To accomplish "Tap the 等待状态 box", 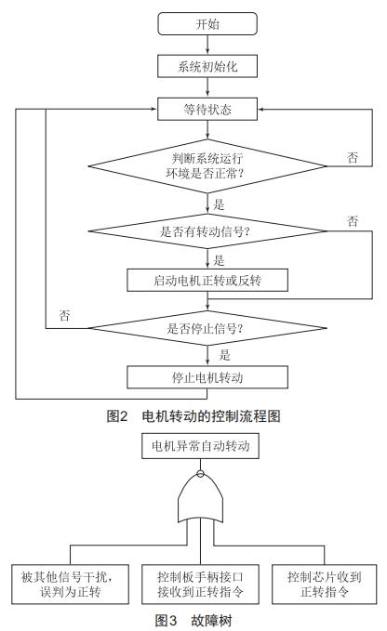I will click(x=207, y=110).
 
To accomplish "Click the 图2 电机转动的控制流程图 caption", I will click(x=193, y=415).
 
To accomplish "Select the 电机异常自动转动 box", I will click(x=200, y=447).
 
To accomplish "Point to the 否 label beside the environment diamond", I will click(x=353, y=158).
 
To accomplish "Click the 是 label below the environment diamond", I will click(x=219, y=204).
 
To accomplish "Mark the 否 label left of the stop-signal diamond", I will click(x=64, y=316).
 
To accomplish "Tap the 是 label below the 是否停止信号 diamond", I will click(x=224, y=354).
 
